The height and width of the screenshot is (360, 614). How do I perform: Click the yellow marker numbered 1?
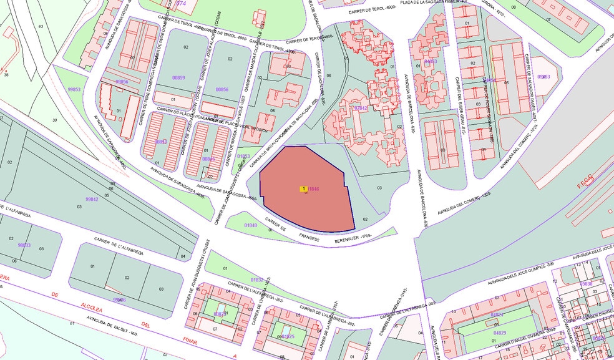[x=303, y=188]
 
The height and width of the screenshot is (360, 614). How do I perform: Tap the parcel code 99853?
[x=74, y=89]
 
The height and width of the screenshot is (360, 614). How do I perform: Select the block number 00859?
[x=178, y=77]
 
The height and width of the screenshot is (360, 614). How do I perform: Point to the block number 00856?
[x=222, y=89]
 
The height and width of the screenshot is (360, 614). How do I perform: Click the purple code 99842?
[x=92, y=199]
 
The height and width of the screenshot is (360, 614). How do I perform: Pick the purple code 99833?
[x=24, y=245]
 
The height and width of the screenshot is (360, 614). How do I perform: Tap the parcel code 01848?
[x=250, y=225]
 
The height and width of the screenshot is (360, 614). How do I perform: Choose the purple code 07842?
[x=361, y=108]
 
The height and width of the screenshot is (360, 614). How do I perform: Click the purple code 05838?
[x=586, y=285]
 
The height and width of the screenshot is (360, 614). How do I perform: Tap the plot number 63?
[x=41, y=26]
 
